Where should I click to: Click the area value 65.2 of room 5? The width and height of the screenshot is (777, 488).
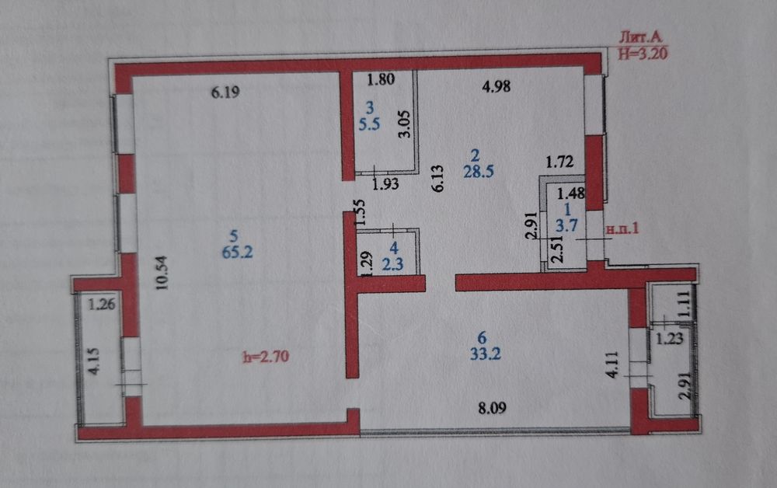tap(237, 252)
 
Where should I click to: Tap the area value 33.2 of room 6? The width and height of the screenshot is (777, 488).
tap(485, 354)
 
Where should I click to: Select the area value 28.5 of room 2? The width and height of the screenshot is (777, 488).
tap(478, 172)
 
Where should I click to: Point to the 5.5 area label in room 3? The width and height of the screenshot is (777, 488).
tap(370, 124)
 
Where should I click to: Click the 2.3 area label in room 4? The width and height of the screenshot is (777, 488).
tap(392, 264)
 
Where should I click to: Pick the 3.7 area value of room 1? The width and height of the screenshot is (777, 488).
tap(566, 225)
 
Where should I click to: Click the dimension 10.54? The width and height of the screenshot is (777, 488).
tap(162, 273)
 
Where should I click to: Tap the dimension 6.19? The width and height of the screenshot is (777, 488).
tap(225, 92)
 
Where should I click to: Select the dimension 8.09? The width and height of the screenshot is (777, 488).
tap(492, 408)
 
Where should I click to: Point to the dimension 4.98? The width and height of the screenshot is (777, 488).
tap(496, 86)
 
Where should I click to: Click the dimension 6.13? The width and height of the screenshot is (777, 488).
tap(438, 179)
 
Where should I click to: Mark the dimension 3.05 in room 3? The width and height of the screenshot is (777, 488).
tap(405, 124)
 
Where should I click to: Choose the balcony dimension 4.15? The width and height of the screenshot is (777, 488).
tap(93, 361)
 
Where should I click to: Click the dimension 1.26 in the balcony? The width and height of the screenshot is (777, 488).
tap(102, 304)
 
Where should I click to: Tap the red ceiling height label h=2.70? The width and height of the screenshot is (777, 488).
tap(266, 356)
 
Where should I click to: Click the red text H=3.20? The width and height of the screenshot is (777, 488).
tap(643, 53)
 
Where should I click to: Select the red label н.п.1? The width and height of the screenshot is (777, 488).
tap(622, 228)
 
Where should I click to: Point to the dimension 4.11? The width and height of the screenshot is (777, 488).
tap(612, 364)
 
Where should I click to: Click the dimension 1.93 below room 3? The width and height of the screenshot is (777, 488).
tap(385, 184)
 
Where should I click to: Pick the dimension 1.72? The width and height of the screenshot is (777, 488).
tap(559, 162)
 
